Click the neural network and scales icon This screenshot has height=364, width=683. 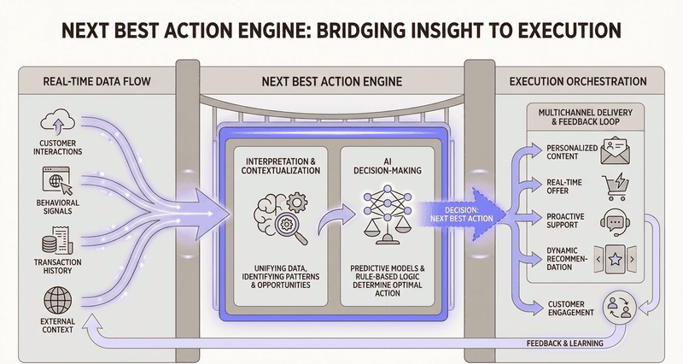click(382, 214)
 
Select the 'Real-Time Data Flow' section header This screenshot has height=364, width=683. click(87, 82)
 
